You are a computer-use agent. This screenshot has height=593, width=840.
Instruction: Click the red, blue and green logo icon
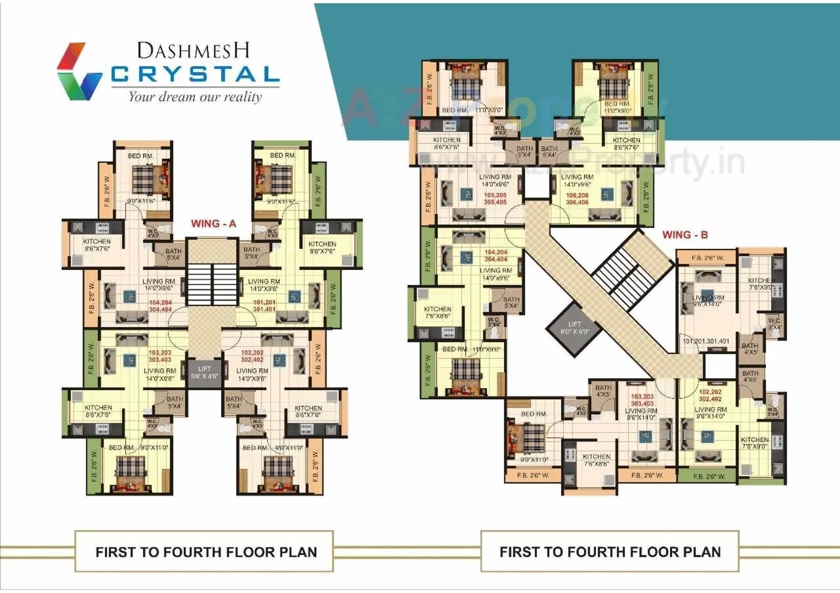(x=79, y=71)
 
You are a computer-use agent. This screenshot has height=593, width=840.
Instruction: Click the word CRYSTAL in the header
(x=195, y=74)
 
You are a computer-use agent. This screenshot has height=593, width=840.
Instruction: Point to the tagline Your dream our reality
(x=195, y=97)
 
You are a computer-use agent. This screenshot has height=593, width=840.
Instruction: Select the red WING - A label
(x=213, y=224)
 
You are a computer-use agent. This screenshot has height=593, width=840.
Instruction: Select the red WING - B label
(x=685, y=234)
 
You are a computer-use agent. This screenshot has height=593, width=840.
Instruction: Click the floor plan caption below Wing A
(x=206, y=552)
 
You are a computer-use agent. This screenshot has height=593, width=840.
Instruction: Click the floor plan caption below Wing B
(x=610, y=552)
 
